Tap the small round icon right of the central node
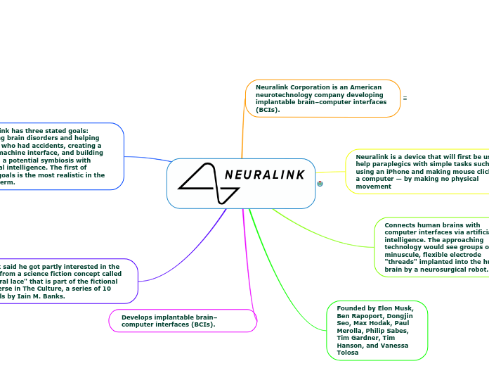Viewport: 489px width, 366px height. pyautogui.click(x=320, y=184)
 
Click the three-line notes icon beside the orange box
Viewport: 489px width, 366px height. pyautogui.click(x=405, y=98)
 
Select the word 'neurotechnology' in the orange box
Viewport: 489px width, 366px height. pyautogui.click(x=287, y=94)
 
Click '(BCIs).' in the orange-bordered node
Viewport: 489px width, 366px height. pyautogui.click(x=267, y=110)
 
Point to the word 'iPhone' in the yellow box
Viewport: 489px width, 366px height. pyautogui.click(x=407, y=171)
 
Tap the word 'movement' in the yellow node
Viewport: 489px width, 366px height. pyautogui.click(x=374, y=187)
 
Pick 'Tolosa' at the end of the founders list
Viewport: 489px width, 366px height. pyautogui.click(x=348, y=352)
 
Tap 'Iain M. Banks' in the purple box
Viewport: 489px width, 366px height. pyautogui.click(x=46, y=296)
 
